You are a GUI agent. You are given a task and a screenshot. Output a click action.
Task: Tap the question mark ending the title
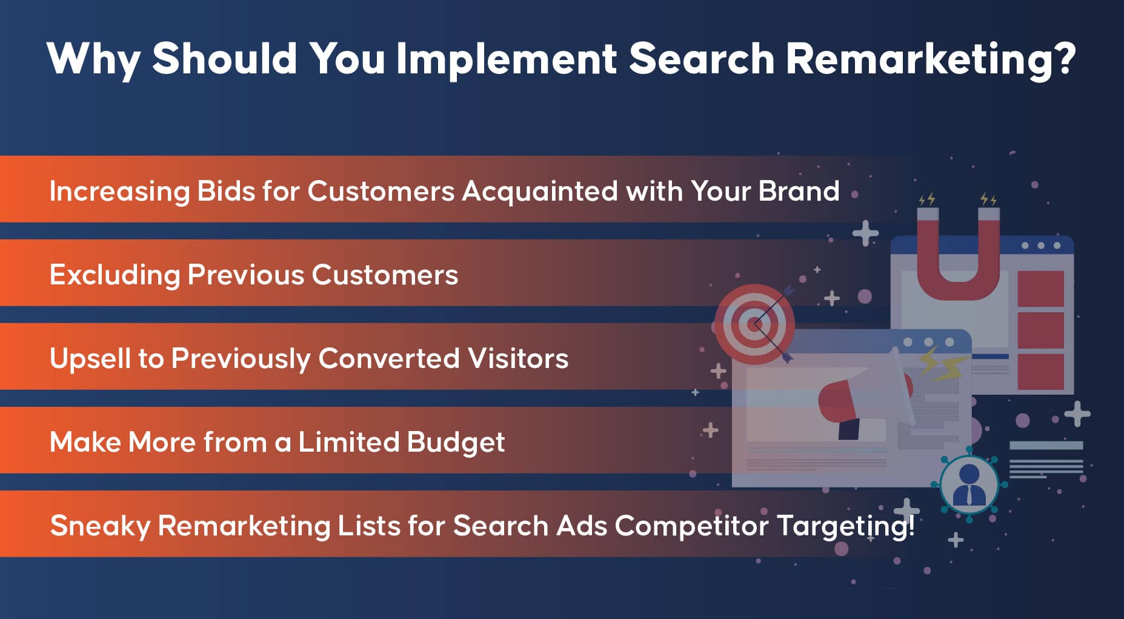pos(1065,58)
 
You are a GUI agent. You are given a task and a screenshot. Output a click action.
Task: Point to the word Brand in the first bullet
pos(799,191)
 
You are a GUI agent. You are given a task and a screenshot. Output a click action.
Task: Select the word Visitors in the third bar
pos(518,358)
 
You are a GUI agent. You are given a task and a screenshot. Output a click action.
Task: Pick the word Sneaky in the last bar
pos(100,526)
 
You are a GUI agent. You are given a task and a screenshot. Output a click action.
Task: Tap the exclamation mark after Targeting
pos(911,525)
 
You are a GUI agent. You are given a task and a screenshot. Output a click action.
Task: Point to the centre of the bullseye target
pos(754,325)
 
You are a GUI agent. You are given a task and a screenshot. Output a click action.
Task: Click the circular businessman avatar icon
pos(969,484)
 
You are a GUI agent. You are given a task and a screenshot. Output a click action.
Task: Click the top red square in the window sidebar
pos(1040,289)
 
